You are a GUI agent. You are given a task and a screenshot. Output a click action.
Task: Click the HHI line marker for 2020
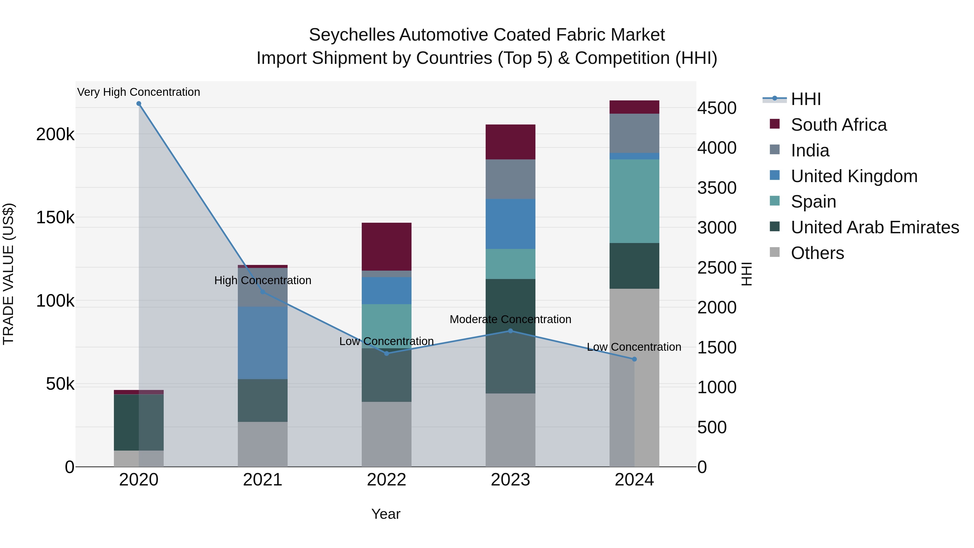[139, 104]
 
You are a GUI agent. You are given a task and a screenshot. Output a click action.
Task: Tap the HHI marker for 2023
[511, 331]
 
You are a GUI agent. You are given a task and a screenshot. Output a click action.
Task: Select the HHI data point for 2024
[634, 359]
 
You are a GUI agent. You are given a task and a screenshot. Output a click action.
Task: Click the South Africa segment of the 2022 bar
[386, 247]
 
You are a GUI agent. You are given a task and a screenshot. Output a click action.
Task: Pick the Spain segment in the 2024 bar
[634, 201]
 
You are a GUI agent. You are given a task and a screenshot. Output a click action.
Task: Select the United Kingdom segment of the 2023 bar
[511, 224]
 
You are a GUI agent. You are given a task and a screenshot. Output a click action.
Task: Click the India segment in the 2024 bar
[634, 133]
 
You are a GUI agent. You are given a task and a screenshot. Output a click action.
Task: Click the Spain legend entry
[813, 202]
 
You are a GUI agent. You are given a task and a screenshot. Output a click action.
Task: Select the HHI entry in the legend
[805, 99]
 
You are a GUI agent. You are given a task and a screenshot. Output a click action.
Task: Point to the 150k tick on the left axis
[55, 218]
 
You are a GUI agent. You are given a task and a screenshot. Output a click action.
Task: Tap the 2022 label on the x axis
[386, 480]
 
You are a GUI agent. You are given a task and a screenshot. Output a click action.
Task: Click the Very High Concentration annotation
[139, 92]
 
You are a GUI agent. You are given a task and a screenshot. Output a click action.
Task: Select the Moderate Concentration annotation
[511, 320]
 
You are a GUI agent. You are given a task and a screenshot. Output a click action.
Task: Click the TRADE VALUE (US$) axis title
[8, 274]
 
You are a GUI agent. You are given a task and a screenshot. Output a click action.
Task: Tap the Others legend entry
[817, 253]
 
